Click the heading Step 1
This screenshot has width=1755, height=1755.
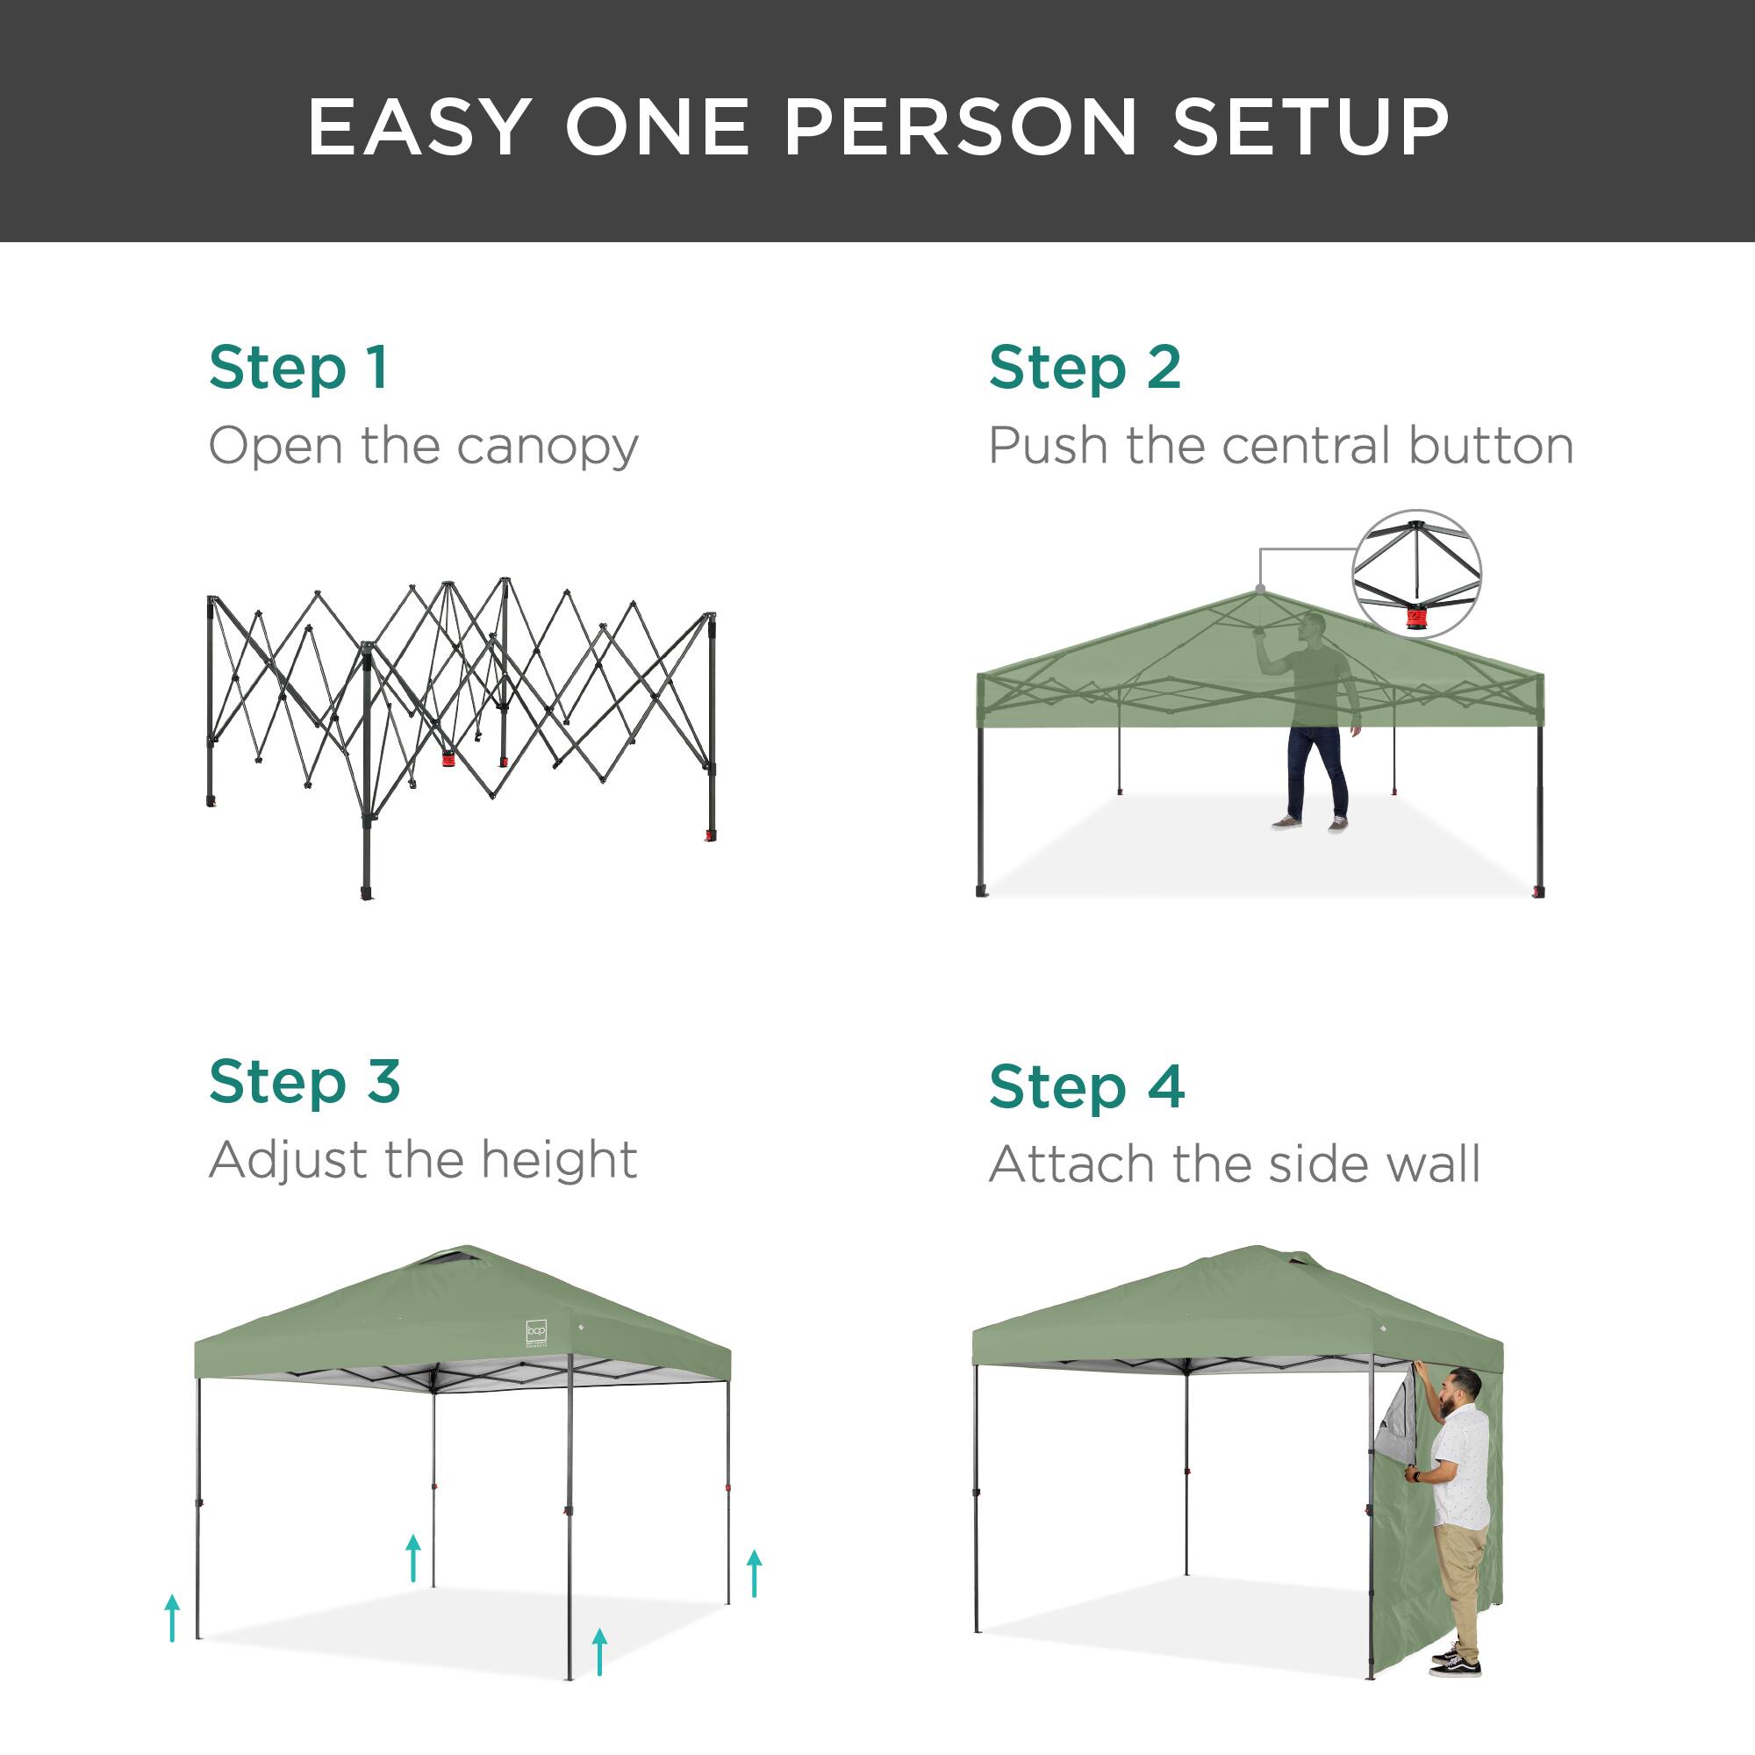tap(299, 368)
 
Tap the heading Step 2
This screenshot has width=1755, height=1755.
tap(1085, 368)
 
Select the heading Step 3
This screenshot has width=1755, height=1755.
tap(304, 1082)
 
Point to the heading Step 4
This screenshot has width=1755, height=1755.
tap(1086, 1086)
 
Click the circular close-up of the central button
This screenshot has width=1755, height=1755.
tap(1416, 574)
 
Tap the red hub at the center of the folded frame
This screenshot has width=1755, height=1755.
tap(448, 758)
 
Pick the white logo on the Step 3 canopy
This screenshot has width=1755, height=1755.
tap(536, 1333)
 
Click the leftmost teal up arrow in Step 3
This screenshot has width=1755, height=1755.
tap(173, 1618)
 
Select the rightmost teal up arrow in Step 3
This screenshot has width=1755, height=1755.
tap(754, 1573)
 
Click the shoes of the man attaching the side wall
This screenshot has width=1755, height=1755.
tap(1455, 1663)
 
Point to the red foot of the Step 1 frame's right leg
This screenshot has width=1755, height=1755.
tap(712, 835)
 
